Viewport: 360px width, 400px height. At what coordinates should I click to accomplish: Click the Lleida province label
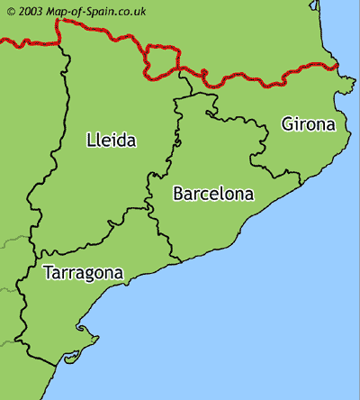(112, 140)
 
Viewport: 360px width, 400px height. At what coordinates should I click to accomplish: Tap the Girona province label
(308, 123)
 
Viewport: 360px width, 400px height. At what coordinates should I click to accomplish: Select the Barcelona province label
(213, 193)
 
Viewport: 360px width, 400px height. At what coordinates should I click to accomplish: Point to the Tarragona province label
(83, 271)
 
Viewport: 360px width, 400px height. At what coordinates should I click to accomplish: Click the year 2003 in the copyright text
(30, 11)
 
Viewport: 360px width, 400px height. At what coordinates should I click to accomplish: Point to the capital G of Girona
(287, 123)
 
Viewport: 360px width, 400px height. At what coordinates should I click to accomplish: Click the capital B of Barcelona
(178, 193)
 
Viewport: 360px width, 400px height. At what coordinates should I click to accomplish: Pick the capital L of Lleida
(91, 140)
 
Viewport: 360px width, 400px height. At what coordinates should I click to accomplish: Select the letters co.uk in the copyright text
(134, 11)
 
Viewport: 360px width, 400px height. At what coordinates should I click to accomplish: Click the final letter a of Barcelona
(249, 194)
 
